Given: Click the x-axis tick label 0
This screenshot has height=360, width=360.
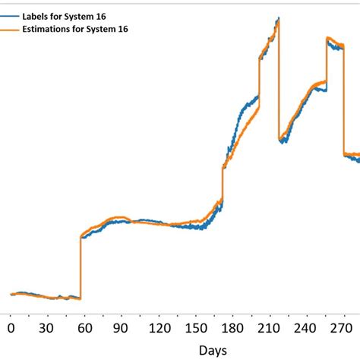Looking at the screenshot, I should click(x=11, y=327).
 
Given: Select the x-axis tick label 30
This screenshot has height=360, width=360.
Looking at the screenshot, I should click(x=47, y=327).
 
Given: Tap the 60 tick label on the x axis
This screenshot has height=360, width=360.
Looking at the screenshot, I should click(x=84, y=327).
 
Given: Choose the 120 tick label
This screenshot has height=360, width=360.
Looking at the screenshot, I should click(x=159, y=327).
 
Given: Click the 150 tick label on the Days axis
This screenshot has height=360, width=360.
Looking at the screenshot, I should click(x=196, y=327).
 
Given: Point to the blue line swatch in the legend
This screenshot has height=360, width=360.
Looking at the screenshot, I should click(x=11, y=13).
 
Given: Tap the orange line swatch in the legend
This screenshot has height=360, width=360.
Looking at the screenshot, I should click(x=11, y=29).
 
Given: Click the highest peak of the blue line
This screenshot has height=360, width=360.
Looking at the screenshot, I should click(x=279, y=17).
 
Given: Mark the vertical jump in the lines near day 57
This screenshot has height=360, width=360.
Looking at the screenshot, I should click(x=80, y=266).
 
